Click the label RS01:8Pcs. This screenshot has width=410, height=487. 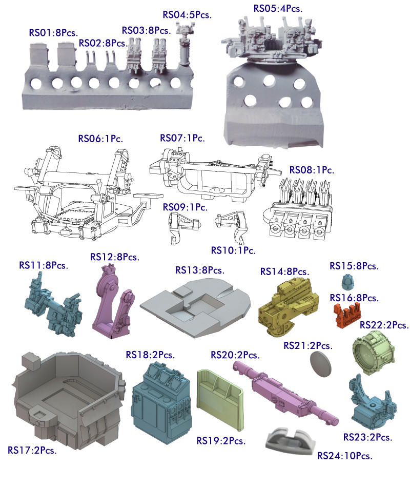(x=53, y=33)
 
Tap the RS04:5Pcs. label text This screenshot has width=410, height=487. (x=187, y=14)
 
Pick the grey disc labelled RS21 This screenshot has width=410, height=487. (x=321, y=364)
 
